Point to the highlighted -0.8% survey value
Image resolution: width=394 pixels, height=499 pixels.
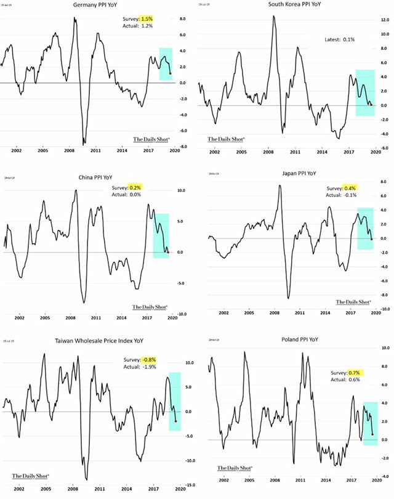point(150,360)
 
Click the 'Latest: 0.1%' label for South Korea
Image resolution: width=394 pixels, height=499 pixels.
point(340,39)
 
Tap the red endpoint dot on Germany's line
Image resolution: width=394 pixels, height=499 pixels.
point(170,74)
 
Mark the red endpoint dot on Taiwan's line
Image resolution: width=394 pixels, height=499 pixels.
point(177,421)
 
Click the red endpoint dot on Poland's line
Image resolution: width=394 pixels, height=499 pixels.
point(372,434)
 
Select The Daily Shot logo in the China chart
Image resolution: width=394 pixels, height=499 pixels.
point(151,306)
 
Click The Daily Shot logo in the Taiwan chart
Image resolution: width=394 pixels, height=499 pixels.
point(30,476)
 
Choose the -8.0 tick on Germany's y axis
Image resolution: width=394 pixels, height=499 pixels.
point(183,147)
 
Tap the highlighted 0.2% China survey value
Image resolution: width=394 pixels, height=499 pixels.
point(135,188)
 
